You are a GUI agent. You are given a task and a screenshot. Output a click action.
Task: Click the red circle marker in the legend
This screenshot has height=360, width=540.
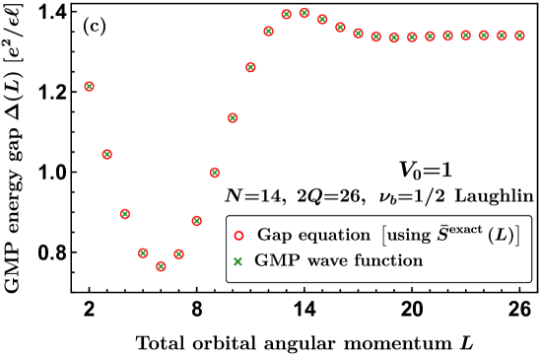point(238,236)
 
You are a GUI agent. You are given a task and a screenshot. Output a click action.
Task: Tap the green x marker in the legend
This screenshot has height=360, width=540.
point(238,261)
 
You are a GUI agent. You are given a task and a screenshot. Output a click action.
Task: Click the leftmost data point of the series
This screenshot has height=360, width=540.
point(89,86)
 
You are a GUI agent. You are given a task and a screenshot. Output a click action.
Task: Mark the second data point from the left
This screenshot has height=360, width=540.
point(106,154)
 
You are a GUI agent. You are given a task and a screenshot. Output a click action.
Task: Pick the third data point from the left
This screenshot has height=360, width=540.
point(124,213)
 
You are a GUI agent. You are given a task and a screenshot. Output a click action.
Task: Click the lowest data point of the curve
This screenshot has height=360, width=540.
point(161,265)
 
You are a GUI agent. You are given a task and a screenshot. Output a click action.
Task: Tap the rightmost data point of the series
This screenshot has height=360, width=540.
point(519,36)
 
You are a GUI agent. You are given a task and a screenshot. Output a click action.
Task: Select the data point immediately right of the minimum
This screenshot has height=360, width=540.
point(178,253)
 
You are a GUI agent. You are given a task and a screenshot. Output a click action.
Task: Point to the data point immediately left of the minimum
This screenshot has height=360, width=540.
point(143,252)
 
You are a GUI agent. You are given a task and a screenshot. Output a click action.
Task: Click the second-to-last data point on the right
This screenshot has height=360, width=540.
point(502,36)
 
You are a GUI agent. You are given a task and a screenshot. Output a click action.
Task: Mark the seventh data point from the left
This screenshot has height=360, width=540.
point(196,221)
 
